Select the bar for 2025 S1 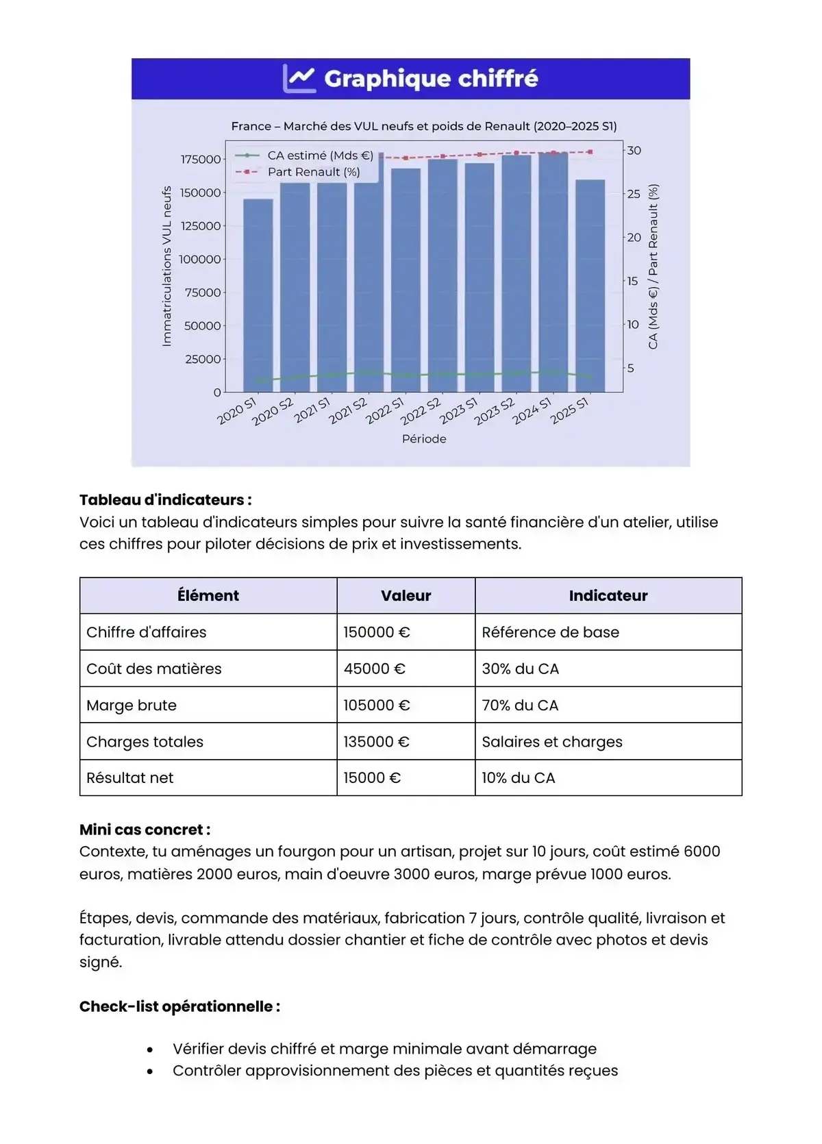(590, 286)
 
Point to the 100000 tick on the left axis (200, 260)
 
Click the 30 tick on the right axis (634, 151)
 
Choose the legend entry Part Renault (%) (313, 172)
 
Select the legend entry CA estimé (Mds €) (320, 156)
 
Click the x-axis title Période (424, 439)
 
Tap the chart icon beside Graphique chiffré (299, 79)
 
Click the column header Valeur (406, 596)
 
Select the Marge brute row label (132, 706)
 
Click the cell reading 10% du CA (518, 778)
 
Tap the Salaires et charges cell (551, 742)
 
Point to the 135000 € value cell (376, 742)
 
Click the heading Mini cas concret (145, 830)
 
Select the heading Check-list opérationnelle (179, 1006)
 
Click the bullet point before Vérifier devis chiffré (150, 1049)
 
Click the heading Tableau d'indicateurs (165, 500)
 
